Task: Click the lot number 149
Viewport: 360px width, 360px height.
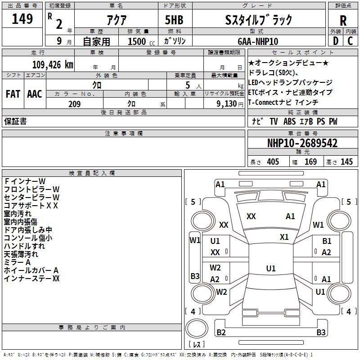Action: click(x=22, y=19)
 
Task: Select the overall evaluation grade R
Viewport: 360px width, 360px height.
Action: click(x=343, y=20)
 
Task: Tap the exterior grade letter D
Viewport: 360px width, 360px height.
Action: click(x=335, y=41)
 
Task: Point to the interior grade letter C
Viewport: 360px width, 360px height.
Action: click(x=350, y=41)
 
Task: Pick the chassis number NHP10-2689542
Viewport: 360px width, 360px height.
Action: click(x=302, y=143)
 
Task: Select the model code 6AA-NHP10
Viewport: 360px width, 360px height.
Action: click(x=258, y=41)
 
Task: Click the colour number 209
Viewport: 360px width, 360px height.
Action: click(x=74, y=104)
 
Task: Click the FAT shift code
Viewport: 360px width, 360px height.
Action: click(x=13, y=94)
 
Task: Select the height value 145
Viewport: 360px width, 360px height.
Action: click(x=346, y=162)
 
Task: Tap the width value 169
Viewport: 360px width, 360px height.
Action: click(x=310, y=162)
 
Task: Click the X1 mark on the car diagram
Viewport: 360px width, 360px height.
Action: click(x=284, y=237)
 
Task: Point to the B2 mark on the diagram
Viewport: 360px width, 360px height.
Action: click(x=221, y=332)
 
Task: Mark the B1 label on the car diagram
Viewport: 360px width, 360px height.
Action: click(x=327, y=241)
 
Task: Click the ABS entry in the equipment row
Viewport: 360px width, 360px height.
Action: click(x=290, y=121)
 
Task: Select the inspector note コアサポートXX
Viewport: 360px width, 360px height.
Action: click(x=31, y=205)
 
